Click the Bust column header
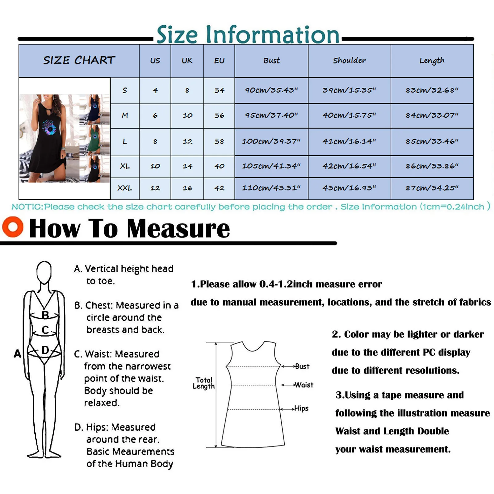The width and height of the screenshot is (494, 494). [271, 61]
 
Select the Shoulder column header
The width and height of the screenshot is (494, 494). [349, 61]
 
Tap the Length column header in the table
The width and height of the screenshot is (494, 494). [432, 61]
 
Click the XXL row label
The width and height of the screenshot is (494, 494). [125, 188]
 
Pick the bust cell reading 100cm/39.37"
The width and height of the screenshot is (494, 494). [271, 141]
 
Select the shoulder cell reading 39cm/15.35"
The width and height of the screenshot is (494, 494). [349, 90]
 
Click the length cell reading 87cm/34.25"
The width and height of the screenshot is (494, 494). [432, 188]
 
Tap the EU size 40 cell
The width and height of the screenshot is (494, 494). [219, 166]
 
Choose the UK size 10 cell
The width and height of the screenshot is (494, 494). [187, 115]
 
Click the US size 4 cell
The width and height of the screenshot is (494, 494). [155, 90]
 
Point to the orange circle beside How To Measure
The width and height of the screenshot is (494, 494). [13, 227]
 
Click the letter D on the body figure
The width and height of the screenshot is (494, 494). [45, 350]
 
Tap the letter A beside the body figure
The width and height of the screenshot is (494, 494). [18, 354]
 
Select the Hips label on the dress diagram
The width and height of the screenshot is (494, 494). [301, 408]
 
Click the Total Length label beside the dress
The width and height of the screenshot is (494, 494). [204, 383]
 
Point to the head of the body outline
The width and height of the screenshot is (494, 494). [44, 272]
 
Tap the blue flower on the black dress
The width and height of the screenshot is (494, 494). [50, 128]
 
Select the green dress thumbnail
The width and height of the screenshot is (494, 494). [94, 140]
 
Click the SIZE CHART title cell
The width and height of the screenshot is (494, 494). [79, 61]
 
